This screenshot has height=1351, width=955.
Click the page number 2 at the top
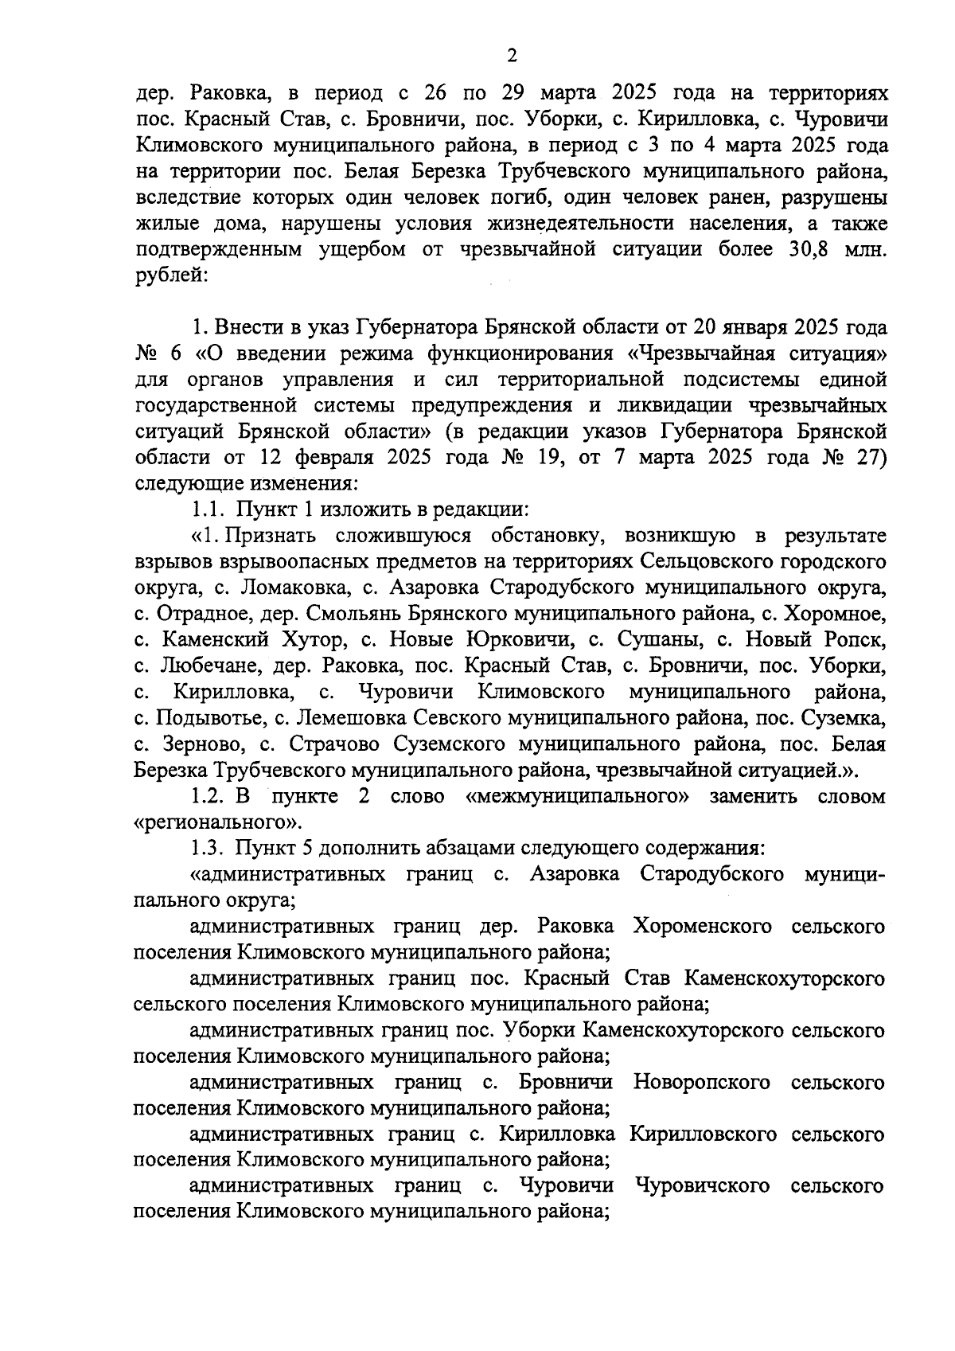click(x=512, y=55)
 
